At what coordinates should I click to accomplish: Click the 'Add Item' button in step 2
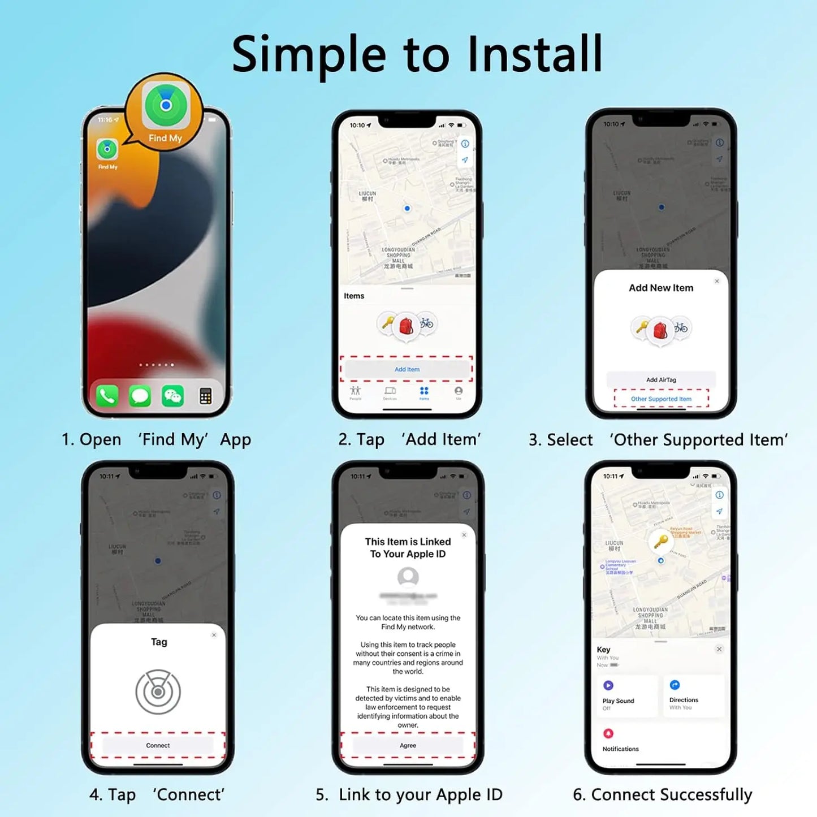tap(407, 369)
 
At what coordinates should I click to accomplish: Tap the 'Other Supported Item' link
tap(661, 399)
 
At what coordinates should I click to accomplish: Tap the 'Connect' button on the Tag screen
tap(158, 745)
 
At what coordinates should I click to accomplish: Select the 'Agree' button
tap(408, 745)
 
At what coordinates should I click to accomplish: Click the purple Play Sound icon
tap(608, 685)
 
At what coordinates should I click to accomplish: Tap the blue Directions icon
tap(675, 685)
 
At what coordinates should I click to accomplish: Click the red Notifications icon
tap(608, 733)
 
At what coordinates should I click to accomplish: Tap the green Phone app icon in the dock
tap(107, 396)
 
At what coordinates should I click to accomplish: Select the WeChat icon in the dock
tap(172, 396)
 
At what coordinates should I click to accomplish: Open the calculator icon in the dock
tap(205, 396)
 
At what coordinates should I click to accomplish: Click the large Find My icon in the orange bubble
tap(165, 106)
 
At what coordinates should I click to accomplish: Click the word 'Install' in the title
tap(535, 54)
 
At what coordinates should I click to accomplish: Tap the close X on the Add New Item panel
tap(717, 281)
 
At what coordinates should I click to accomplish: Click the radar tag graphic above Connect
tap(158, 691)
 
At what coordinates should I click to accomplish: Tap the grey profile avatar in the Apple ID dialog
tap(408, 577)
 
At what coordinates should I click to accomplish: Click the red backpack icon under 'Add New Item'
tap(660, 330)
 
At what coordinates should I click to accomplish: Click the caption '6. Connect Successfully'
tap(662, 794)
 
